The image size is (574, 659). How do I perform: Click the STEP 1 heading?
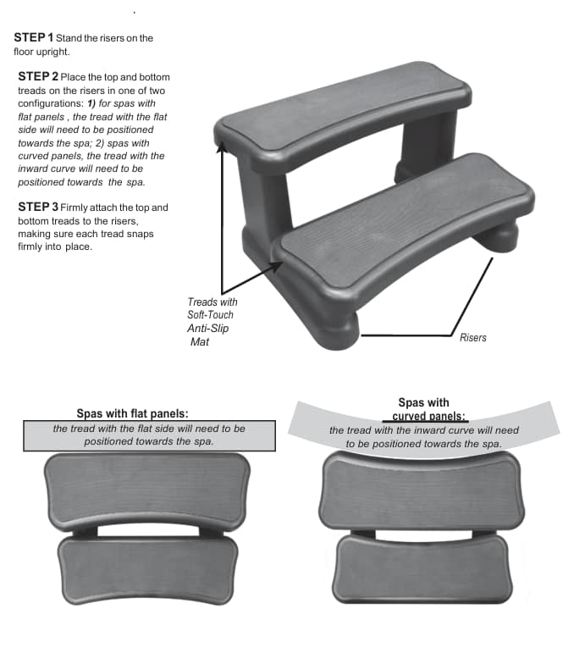coord(34,37)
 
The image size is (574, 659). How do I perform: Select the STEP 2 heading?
coord(38,76)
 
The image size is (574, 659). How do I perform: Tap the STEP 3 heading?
coord(38,207)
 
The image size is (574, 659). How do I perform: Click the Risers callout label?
coord(472,337)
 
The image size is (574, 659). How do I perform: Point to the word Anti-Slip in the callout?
coord(208,329)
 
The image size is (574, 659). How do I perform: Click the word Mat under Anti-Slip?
coord(200,341)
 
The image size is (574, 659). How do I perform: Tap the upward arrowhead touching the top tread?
coord(222,146)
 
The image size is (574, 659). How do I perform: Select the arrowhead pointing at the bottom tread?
coord(278,266)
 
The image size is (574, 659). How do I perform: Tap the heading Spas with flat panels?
coord(132,413)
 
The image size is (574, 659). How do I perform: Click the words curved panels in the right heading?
coord(428,416)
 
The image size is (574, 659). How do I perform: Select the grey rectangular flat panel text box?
coord(149,436)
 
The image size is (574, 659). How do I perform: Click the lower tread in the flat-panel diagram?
coord(148,569)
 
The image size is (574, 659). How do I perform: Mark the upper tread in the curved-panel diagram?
coord(422,492)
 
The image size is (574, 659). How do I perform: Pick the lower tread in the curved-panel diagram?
coord(422,569)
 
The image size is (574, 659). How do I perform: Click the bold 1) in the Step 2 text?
coord(91,103)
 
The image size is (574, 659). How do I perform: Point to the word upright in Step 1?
coord(52,52)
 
